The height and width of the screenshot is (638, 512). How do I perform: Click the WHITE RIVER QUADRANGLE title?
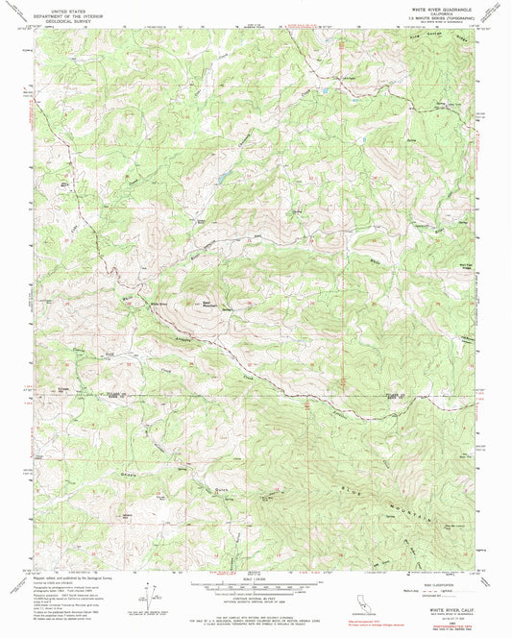[438, 6]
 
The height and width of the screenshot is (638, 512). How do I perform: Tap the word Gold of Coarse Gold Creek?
[109, 353]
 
